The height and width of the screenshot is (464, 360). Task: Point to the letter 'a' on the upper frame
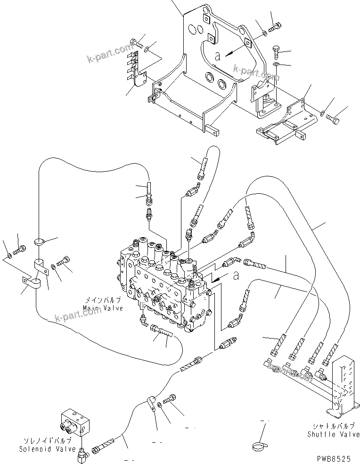217,56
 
